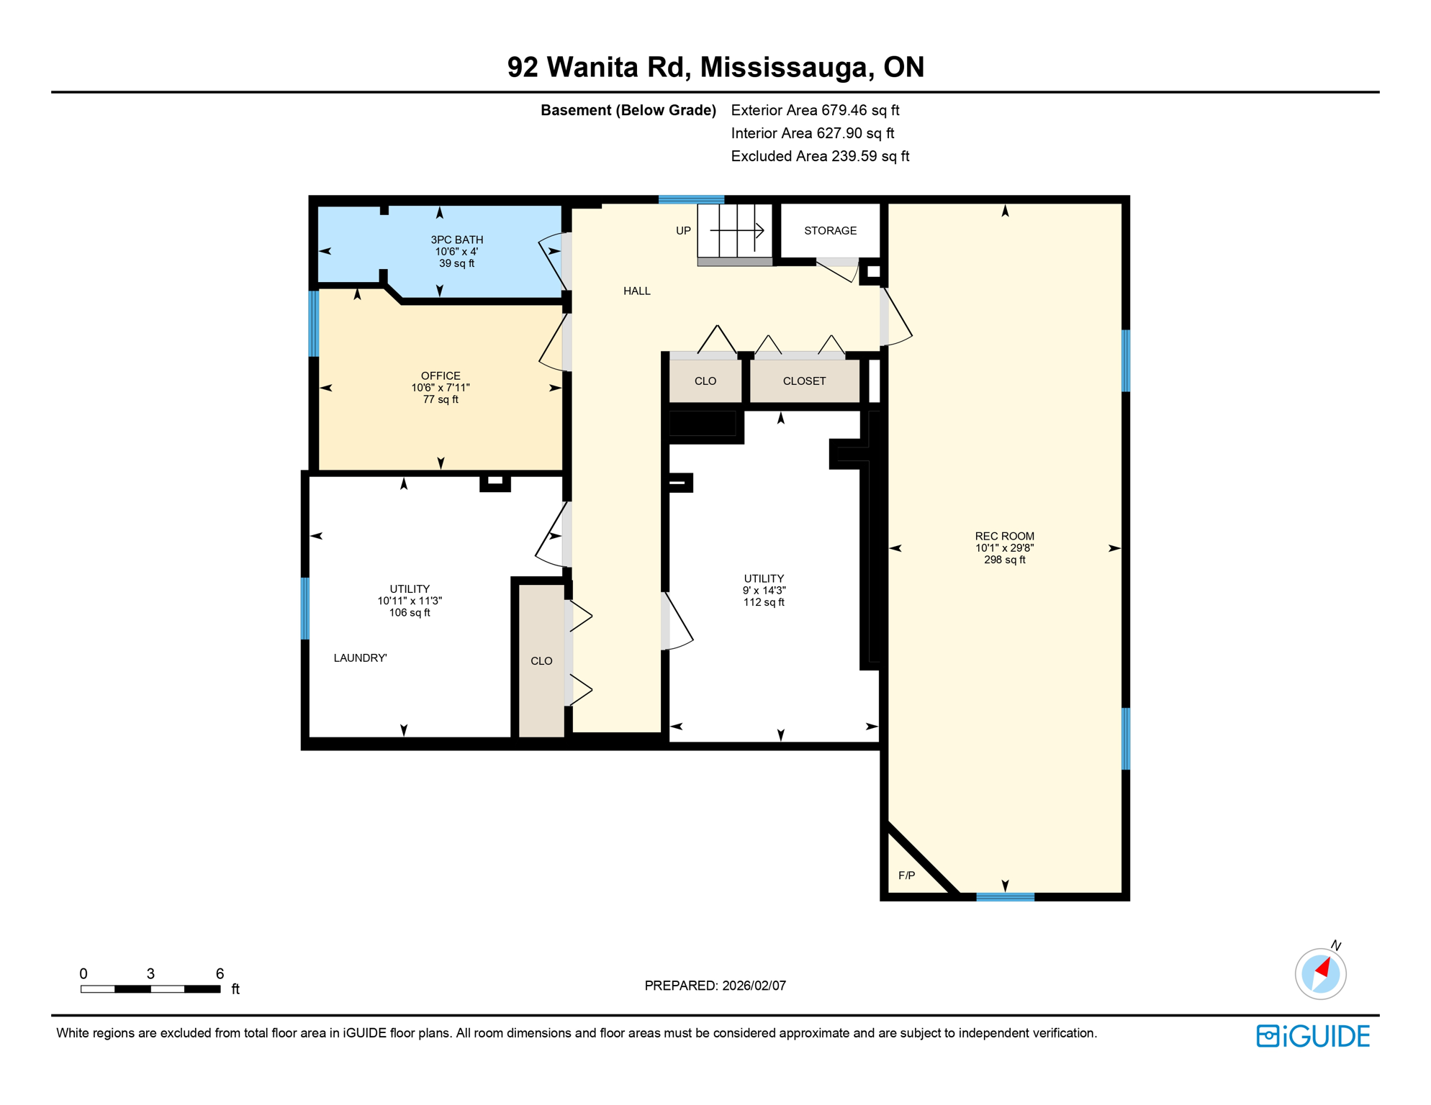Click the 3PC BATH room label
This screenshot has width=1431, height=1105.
coord(456,240)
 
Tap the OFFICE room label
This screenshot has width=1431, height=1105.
coord(441,376)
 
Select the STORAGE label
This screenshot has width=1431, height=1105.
coord(830,231)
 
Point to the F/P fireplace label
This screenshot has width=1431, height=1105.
coord(906,876)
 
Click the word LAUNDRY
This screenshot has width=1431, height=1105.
coord(359,658)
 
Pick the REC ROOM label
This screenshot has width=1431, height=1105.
coord(1004,537)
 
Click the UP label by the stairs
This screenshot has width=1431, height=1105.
coord(683,231)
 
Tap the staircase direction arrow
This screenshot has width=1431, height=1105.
coord(737,230)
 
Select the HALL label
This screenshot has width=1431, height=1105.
coord(636,291)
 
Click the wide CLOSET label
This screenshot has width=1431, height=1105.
coord(804,381)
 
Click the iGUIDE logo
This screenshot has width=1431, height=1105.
coord(1313,1036)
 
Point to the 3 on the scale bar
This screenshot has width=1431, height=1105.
coord(150,974)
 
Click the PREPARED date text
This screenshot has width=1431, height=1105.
coord(715,986)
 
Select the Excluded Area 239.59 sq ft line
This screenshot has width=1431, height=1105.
coord(820,157)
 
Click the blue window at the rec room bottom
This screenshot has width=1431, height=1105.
coord(1005,897)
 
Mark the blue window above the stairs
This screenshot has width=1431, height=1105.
coord(691,199)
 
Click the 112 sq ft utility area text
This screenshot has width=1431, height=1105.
coord(764,603)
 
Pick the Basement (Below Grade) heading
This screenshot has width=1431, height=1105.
coord(628,111)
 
